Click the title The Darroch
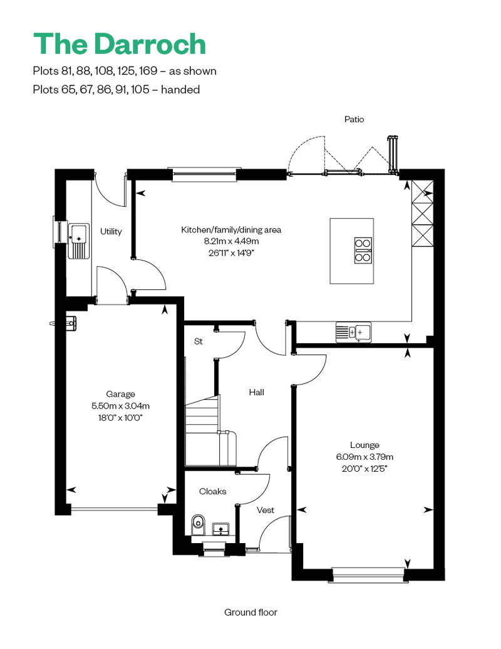coord(120,44)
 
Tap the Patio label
coord(354,119)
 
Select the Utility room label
coord(111,231)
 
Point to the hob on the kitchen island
coord(363,251)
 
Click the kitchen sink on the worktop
coord(354,332)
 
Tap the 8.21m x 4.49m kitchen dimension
coord(231,241)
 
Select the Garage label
coord(120,394)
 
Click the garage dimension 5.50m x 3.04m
coord(120,406)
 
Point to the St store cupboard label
coord(198,341)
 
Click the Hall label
coord(257,392)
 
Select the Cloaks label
coord(213,491)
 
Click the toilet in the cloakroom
coord(198,525)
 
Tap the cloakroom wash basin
coord(221,529)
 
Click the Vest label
coord(265,511)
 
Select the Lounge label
coord(364,445)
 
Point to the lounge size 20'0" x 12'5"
coord(364,469)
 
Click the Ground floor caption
coord(250,612)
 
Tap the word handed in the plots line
coord(180,90)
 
